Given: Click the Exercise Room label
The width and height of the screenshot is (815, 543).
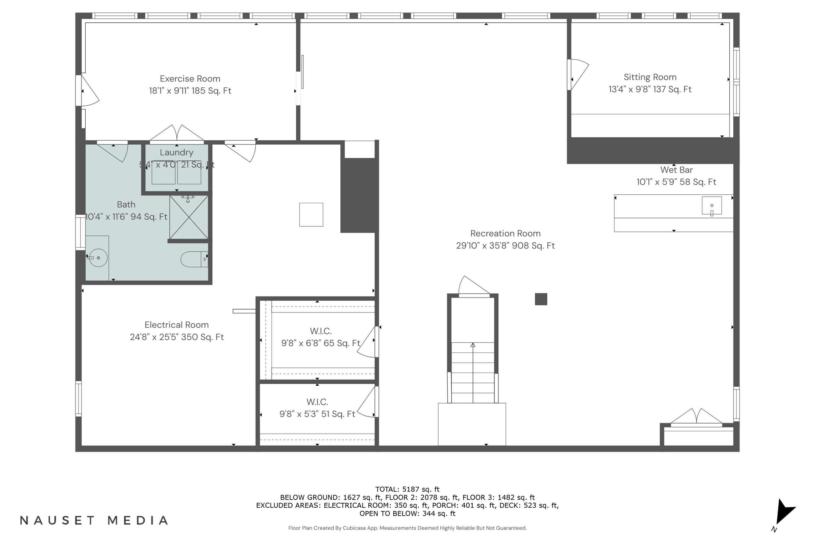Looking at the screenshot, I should [x=190, y=79].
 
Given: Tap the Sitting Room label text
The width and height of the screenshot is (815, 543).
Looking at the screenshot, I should [x=650, y=77].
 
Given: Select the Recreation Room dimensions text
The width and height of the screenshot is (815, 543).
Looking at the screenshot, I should [x=505, y=245].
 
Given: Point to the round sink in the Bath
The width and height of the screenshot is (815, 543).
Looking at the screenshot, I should [x=98, y=258].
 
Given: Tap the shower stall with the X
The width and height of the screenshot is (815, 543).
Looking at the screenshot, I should [x=189, y=217].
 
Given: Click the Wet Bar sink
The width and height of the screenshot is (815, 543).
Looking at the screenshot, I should [x=712, y=206].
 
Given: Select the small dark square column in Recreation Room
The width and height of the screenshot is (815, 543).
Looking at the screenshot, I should [x=541, y=299].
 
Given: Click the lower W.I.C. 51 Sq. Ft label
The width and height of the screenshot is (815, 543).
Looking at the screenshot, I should [x=317, y=414].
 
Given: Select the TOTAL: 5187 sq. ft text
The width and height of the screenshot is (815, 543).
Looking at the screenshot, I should [x=407, y=489].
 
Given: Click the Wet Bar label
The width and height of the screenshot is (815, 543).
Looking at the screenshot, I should [x=676, y=170].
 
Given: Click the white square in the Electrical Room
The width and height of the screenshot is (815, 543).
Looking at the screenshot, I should [x=311, y=215].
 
